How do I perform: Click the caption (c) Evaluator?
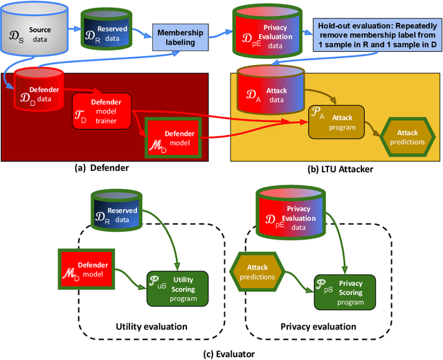click(x=221, y=353)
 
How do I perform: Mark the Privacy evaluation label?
click(x=318, y=326)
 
